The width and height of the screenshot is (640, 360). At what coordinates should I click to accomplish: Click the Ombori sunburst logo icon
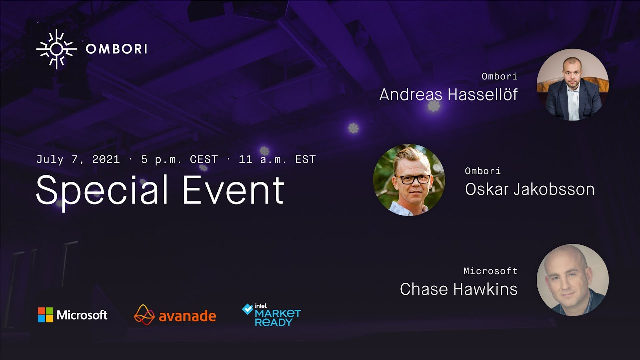tap(56, 49)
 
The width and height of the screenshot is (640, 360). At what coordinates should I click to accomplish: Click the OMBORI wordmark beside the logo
tap(116, 49)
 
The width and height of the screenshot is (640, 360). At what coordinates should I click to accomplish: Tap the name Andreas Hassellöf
tap(448, 94)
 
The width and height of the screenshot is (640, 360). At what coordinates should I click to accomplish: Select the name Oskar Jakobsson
tap(529, 189)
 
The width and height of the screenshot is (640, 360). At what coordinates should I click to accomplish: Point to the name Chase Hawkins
tap(458, 289)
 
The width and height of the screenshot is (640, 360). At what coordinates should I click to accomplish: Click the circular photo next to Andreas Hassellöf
tap(572, 84)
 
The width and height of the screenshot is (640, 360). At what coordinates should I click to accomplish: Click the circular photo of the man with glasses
tap(409, 180)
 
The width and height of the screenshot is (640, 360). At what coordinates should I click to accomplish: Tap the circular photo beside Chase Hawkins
tap(572, 280)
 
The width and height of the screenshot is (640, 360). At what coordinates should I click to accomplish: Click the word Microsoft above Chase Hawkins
tap(490, 271)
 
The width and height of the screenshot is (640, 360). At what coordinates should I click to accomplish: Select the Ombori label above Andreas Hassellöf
tap(499, 77)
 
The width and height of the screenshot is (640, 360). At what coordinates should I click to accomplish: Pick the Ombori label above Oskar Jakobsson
tap(482, 171)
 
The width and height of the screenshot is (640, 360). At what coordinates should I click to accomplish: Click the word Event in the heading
tap(233, 190)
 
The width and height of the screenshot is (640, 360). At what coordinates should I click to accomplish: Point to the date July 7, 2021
tap(78, 159)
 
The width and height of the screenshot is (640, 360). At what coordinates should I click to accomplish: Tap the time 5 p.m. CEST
tap(179, 159)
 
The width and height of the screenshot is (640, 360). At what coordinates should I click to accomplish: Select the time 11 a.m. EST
tap(277, 159)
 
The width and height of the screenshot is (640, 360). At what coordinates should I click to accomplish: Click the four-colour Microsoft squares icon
tap(45, 315)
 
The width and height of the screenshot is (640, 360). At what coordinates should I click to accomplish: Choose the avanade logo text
tap(187, 316)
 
